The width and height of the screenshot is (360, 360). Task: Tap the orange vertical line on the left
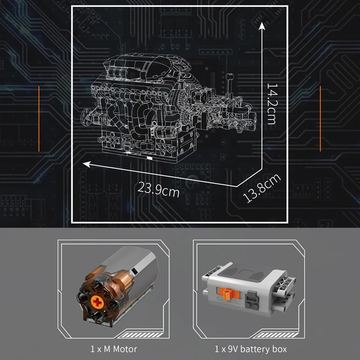coord(39,118)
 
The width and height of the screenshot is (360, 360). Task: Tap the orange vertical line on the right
coord(320,118)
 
